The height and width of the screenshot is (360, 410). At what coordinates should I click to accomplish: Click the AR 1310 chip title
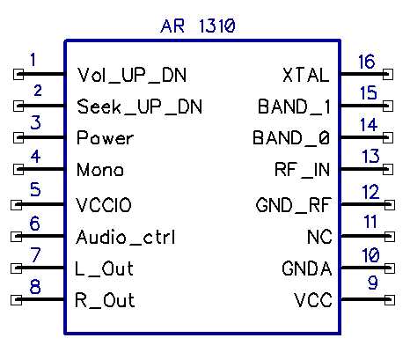coord(198,26)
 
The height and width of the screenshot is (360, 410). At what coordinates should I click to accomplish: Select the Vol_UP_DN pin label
coord(132,75)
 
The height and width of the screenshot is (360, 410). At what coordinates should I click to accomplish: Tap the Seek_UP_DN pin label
coord(140,107)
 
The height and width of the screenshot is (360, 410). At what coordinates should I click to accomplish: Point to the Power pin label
coord(105,137)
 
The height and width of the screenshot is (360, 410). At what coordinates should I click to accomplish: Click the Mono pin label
coord(100,169)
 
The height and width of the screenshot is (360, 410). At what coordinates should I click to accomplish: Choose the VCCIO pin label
coord(104,205)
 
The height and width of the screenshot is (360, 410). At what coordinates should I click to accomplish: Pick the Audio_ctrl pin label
coord(125,237)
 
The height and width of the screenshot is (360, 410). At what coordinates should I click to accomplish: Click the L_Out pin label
coord(104,268)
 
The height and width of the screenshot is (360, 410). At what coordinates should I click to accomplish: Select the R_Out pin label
coord(105,300)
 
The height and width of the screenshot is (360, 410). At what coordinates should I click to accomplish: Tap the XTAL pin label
coord(306,75)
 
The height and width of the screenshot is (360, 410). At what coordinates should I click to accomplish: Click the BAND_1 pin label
coord(294,107)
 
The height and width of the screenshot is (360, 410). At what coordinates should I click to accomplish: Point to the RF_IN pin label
coord(302,170)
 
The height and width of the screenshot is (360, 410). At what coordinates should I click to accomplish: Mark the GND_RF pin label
coord(294,205)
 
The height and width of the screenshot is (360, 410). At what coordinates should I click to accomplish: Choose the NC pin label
coord(319,237)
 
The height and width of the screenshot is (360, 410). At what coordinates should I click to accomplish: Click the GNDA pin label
coord(307,268)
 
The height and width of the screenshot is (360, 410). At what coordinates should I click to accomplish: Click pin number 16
coord(366,62)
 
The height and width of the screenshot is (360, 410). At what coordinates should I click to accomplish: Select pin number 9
coord(373,283)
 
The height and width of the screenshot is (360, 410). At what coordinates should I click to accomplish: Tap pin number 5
coord(35,189)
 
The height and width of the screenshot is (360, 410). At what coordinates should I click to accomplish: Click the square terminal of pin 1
coord(18,74)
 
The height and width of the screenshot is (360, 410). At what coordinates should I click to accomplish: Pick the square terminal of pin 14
coord(388,137)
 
